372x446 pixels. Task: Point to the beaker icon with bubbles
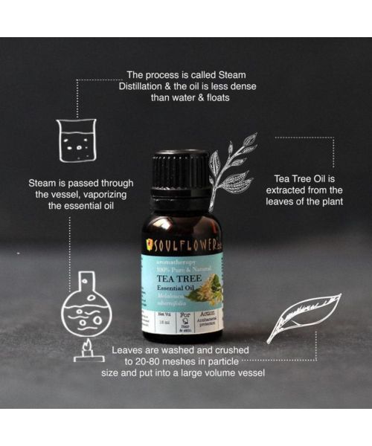point(75,140)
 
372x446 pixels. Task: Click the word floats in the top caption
point(229,99)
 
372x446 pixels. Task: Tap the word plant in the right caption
point(327,201)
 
